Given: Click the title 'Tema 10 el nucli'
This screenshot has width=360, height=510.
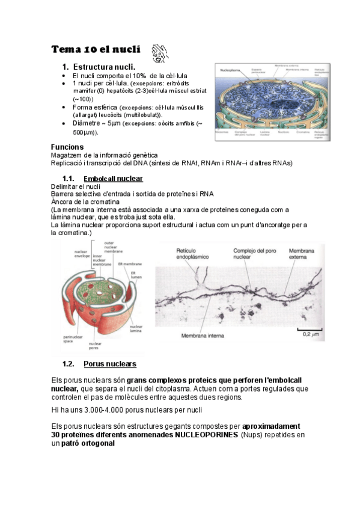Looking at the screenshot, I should [96, 49].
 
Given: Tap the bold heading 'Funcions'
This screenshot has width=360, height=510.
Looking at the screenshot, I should [67, 147].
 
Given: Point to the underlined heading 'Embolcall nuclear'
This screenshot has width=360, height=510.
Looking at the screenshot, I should [113, 179].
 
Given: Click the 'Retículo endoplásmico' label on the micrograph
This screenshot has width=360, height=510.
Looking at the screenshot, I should [193, 253].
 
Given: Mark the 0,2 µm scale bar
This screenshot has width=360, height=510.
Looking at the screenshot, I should [310, 331].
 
